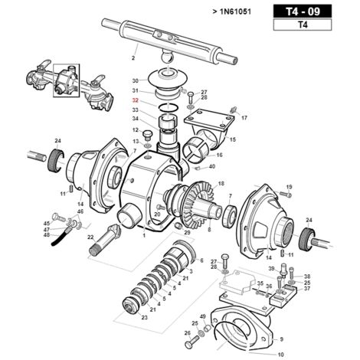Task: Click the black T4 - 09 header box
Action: (x=303, y=11)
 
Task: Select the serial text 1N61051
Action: (x=235, y=11)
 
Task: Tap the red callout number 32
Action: (x=135, y=100)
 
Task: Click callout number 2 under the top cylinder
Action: (x=133, y=58)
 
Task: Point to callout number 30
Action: (x=135, y=80)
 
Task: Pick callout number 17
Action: (x=244, y=118)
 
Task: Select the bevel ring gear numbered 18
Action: (x=200, y=205)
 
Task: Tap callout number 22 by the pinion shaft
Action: (x=90, y=237)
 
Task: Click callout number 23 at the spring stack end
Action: (x=145, y=318)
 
